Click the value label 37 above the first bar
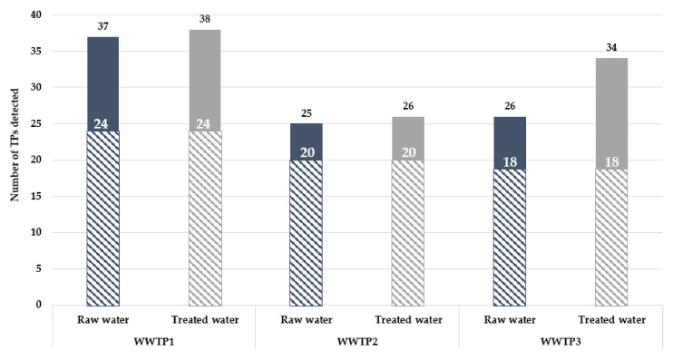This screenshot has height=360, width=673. pos(102,27)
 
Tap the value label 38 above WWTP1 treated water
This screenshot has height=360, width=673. pos(204,20)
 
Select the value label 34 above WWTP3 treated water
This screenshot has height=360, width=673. pos(611,48)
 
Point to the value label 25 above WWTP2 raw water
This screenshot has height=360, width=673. pos(306,113)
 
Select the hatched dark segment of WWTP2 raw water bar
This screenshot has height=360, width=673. pos(306,236)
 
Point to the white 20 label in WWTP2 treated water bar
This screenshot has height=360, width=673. pos(408,152)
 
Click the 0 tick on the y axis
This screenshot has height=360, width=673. pos(39,305)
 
